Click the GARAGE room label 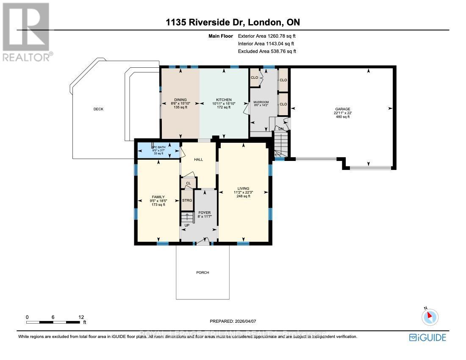point(343,109)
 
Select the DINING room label point(180,100)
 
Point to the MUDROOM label point(261,102)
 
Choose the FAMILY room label point(158,197)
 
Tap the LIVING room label point(243,188)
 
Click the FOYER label point(204,213)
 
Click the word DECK point(98,109)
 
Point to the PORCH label point(203,272)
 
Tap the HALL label point(198,160)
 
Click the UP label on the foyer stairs point(186,225)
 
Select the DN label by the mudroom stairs point(280,128)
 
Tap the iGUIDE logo point(427,338)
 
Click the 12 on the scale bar point(81,317)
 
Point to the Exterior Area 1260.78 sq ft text point(266,36)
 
